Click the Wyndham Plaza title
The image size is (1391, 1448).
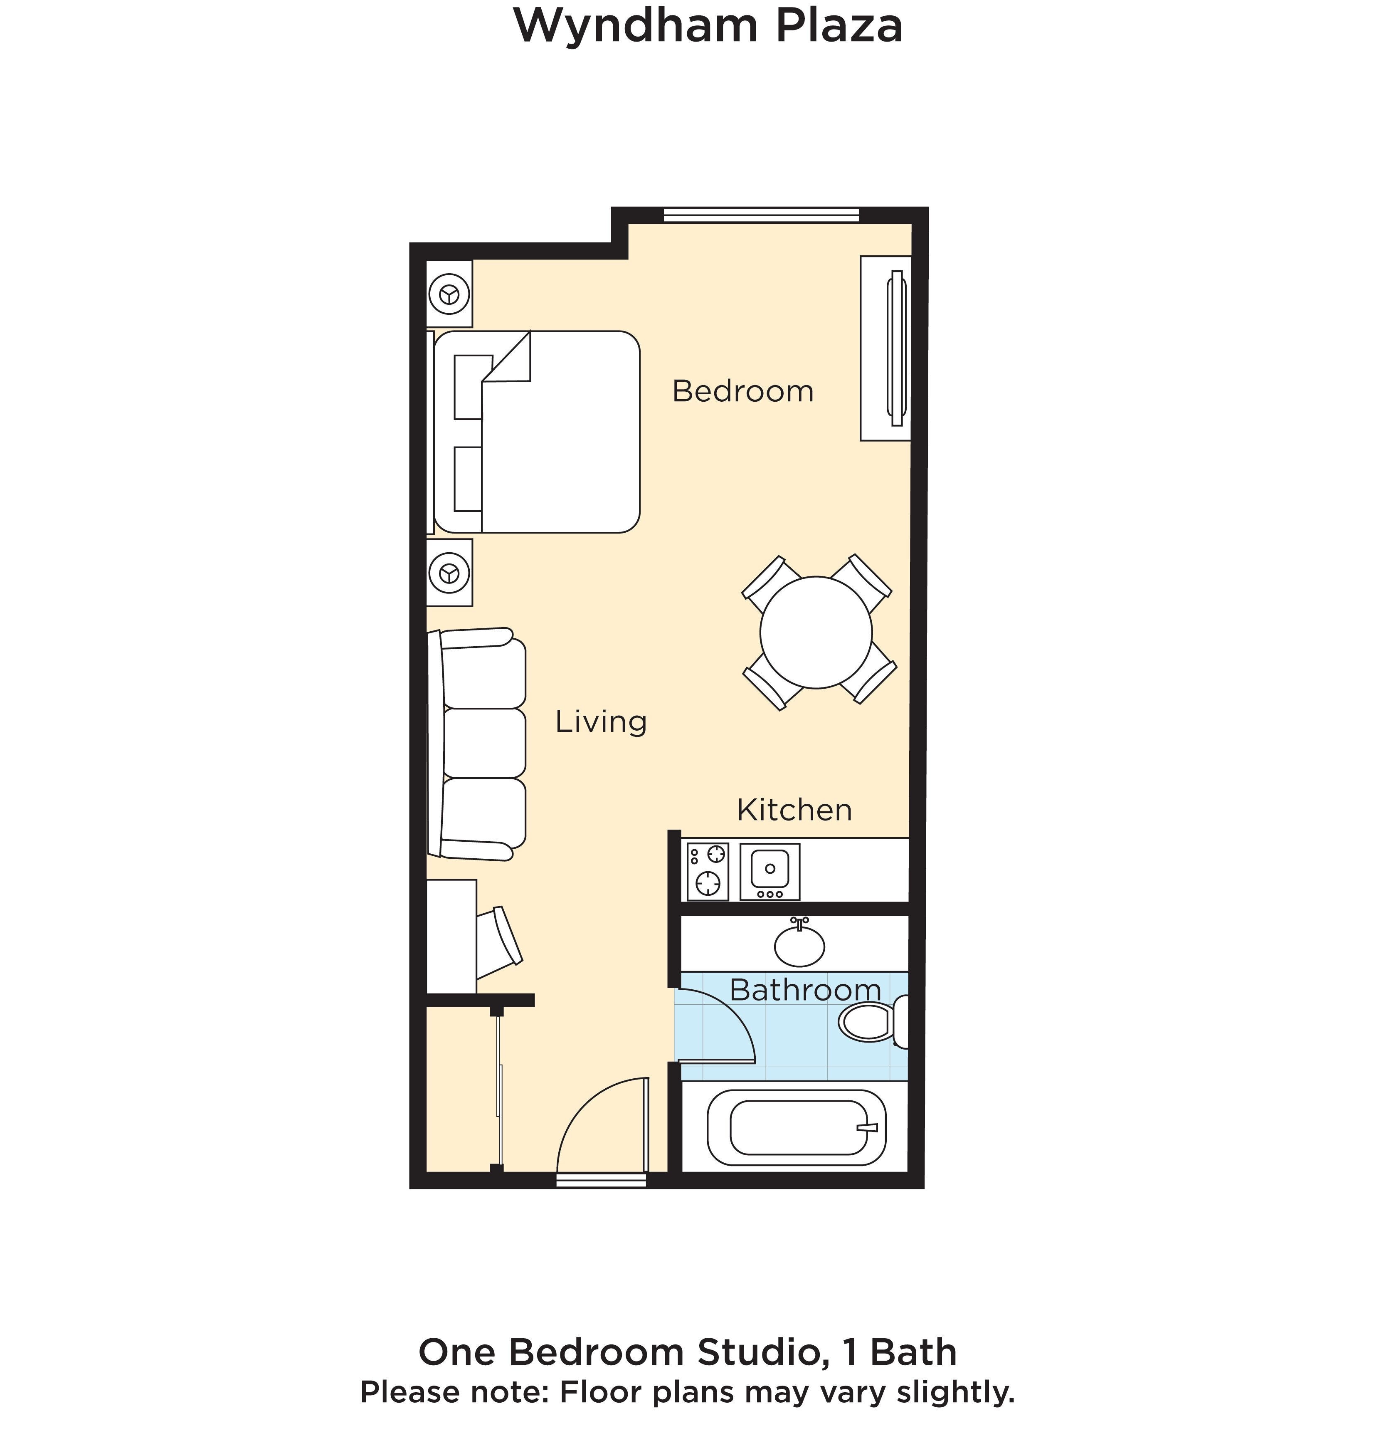tap(708, 26)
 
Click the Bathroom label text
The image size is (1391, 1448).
tap(805, 990)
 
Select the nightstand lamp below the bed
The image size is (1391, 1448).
tap(449, 573)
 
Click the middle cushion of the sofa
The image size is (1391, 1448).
tap(484, 742)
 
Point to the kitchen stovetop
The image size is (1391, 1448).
tap(708, 872)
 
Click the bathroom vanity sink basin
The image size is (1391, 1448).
tap(799, 946)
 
